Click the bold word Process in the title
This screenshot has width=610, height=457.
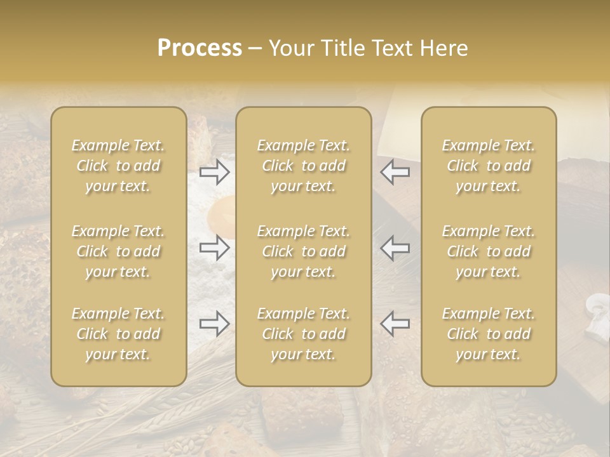coord(200,48)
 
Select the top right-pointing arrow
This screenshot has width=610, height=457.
coord(214,172)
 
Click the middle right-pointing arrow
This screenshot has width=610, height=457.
coord(214,248)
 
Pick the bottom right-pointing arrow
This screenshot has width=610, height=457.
coord(214,324)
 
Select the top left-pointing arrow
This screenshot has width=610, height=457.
coord(395,172)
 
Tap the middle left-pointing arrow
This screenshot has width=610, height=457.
coord(395,248)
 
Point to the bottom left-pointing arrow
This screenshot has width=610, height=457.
coord(395,324)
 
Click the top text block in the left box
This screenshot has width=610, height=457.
coord(118,166)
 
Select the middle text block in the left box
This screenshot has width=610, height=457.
coord(118,251)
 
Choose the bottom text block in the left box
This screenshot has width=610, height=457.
coord(118,334)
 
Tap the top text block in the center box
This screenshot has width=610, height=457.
coord(303,166)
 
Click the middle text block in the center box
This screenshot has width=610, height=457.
coord(303,251)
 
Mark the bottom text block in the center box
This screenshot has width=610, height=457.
coord(303,334)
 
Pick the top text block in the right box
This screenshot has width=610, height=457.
coord(488,166)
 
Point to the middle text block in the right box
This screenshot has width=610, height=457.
coord(488,251)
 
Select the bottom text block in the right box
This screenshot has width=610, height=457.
coord(488,334)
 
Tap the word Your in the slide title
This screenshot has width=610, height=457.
coord(290,48)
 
